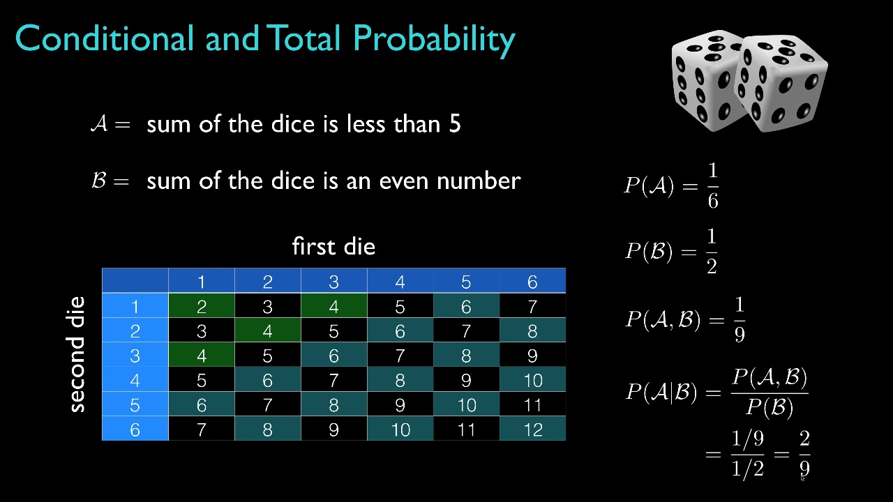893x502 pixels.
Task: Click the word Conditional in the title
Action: tap(103, 39)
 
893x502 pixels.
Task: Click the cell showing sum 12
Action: tap(532, 429)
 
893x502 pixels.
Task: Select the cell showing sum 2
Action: tap(201, 307)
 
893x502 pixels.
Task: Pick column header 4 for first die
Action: tap(400, 282)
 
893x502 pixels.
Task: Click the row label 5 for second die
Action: tap(135, 405)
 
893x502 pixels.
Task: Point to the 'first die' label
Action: tap(333, 247)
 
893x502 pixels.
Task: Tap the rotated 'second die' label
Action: tap(76, 354)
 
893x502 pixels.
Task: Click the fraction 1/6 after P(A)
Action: tap(712, 185)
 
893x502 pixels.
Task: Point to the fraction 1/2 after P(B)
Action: tap(712, 251)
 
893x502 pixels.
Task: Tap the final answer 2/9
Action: tap(804, 455)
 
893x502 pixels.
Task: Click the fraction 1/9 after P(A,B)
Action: tap(740, 320)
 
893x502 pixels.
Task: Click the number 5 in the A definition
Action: tap(455, 125)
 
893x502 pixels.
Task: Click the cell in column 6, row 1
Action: tap(532, 307)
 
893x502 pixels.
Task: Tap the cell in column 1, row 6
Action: tap(201, 429)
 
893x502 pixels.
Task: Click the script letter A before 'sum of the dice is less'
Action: tap(99, 124)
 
